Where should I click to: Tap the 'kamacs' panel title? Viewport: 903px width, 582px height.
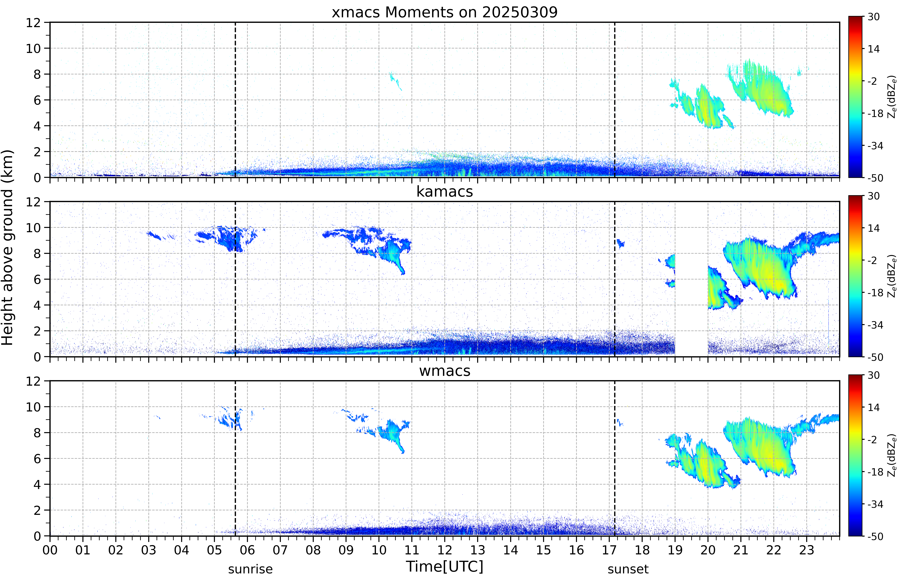click(x=445, y=192)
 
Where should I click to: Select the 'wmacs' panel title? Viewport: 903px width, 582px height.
click(x=445, y=371)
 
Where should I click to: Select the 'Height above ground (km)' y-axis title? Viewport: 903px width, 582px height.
click(x=8, y=247)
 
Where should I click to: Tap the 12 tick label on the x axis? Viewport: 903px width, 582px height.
click(x=445, y=550)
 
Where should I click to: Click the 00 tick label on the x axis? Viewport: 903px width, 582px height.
click(x=50, y=550)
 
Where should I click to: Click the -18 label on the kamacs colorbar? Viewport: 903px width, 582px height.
click(x=875, y=293)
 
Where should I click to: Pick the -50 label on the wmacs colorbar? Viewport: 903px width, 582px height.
click(x=875, y=536)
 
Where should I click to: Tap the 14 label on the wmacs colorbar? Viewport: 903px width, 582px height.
click(x=873, y=407)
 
